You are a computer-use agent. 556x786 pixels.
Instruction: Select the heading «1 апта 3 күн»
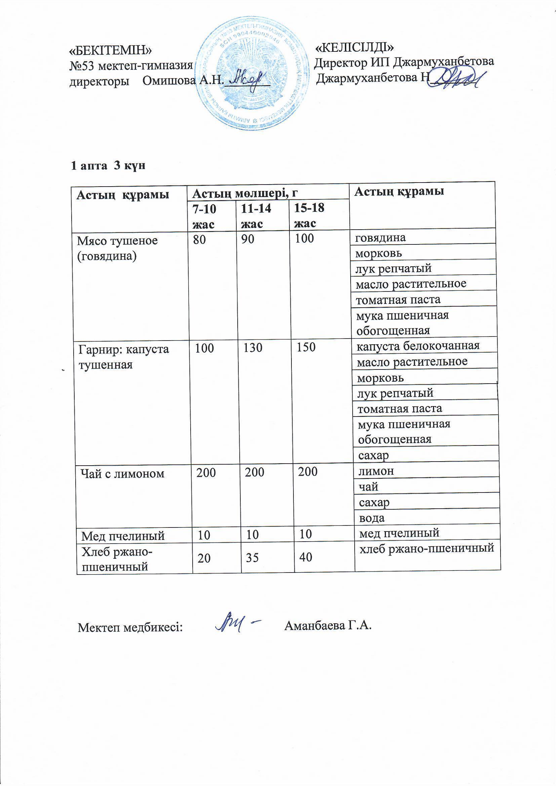(108, 166)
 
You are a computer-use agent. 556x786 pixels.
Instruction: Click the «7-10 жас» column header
(205, 216)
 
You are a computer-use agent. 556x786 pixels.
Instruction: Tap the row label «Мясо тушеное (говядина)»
(117, 248)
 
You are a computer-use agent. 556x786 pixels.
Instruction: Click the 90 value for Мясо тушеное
(247, 239)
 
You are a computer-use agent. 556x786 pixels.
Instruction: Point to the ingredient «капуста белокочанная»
(418, 346)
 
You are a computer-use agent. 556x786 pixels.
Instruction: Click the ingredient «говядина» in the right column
(381, 237)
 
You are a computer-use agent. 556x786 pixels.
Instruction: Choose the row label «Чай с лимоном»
(122, 473)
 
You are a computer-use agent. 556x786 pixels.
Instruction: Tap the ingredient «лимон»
(376, 471)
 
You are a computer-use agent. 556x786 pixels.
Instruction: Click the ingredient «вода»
(372, 518)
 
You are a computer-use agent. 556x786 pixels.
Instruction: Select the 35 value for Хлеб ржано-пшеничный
(252, 558)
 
